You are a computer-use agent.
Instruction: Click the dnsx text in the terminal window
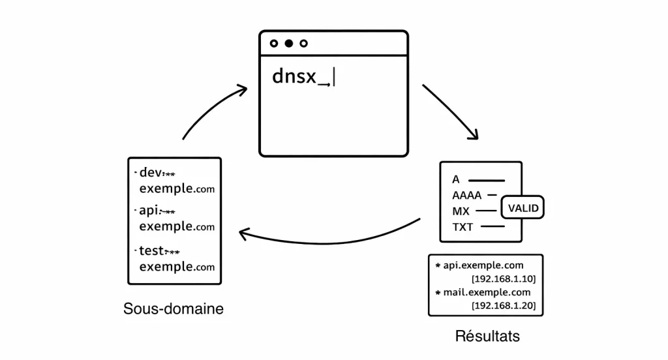click(294, 77)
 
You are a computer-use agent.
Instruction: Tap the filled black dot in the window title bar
click(288, 44)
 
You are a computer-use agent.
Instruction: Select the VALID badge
click(523, 209)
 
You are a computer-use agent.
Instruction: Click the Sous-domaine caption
click(173, 308)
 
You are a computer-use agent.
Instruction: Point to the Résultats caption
click(487, 337)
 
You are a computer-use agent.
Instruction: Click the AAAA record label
click(466, 195)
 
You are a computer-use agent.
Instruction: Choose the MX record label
click(461, 211)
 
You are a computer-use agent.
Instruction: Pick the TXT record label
click(463, 228)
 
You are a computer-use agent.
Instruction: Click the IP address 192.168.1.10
click(503, 278)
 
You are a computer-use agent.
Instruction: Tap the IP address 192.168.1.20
click(503, 305)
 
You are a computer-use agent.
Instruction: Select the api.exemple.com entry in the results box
click(483, 265)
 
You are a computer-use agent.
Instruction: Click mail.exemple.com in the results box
click(487, 292)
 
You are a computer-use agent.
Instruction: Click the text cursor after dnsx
click(333, 78)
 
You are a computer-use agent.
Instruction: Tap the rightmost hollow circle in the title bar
click(303, 44)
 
